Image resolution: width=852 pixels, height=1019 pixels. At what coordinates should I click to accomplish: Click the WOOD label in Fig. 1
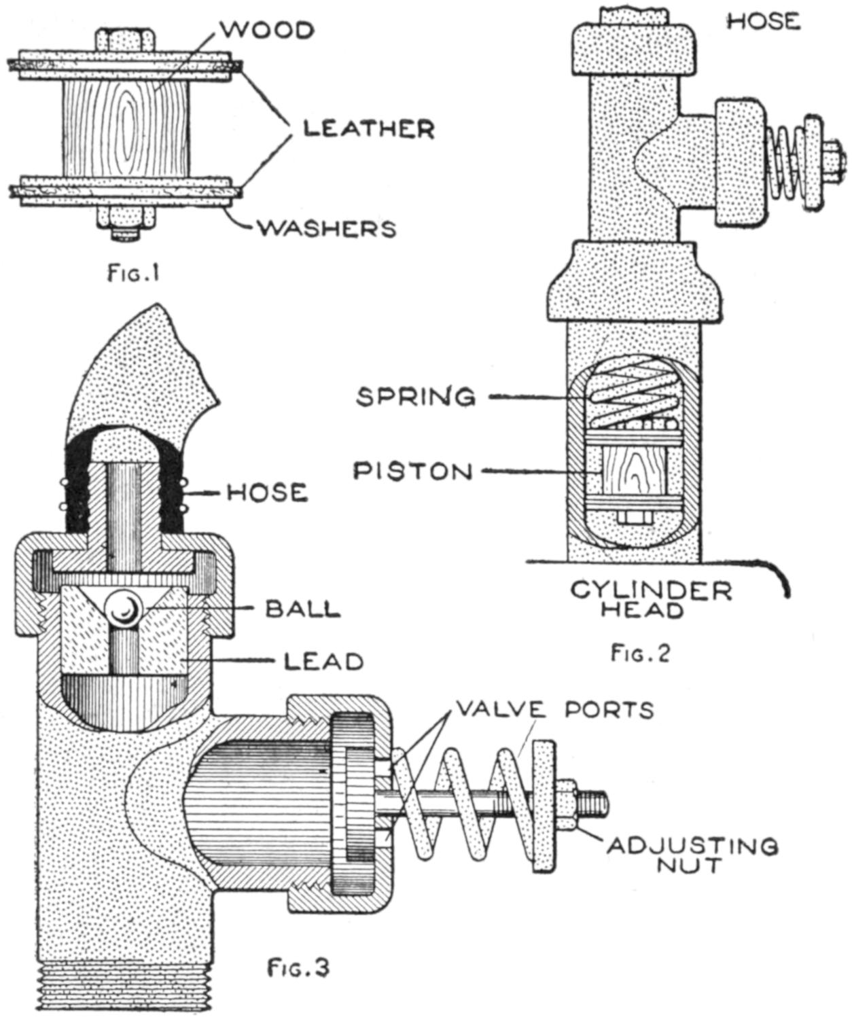coord(266,31)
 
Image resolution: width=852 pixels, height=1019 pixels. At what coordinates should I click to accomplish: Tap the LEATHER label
coord(368,128)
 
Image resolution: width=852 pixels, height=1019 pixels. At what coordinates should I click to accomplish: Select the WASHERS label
coord(326,228)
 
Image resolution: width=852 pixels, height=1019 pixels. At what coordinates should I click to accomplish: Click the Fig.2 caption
coord(640,654)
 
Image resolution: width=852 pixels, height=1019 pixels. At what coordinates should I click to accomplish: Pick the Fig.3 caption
coord(298,967)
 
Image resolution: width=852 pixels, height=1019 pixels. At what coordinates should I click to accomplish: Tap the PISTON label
coord(413,471)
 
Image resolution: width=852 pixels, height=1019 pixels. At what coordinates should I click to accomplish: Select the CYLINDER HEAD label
coord(651,599)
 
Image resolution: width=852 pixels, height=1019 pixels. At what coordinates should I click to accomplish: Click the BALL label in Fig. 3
coord(302,609)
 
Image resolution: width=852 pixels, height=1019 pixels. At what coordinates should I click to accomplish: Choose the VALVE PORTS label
coord(554,709)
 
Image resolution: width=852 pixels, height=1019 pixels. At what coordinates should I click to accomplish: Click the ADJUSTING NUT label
coord(692,856)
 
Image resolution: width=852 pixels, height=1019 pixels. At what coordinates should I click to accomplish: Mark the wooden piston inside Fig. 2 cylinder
coord(629,471)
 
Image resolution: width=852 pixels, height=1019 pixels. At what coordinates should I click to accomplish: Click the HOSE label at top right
coord(764,22)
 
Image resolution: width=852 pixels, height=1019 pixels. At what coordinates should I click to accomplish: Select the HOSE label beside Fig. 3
coord(267,492)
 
